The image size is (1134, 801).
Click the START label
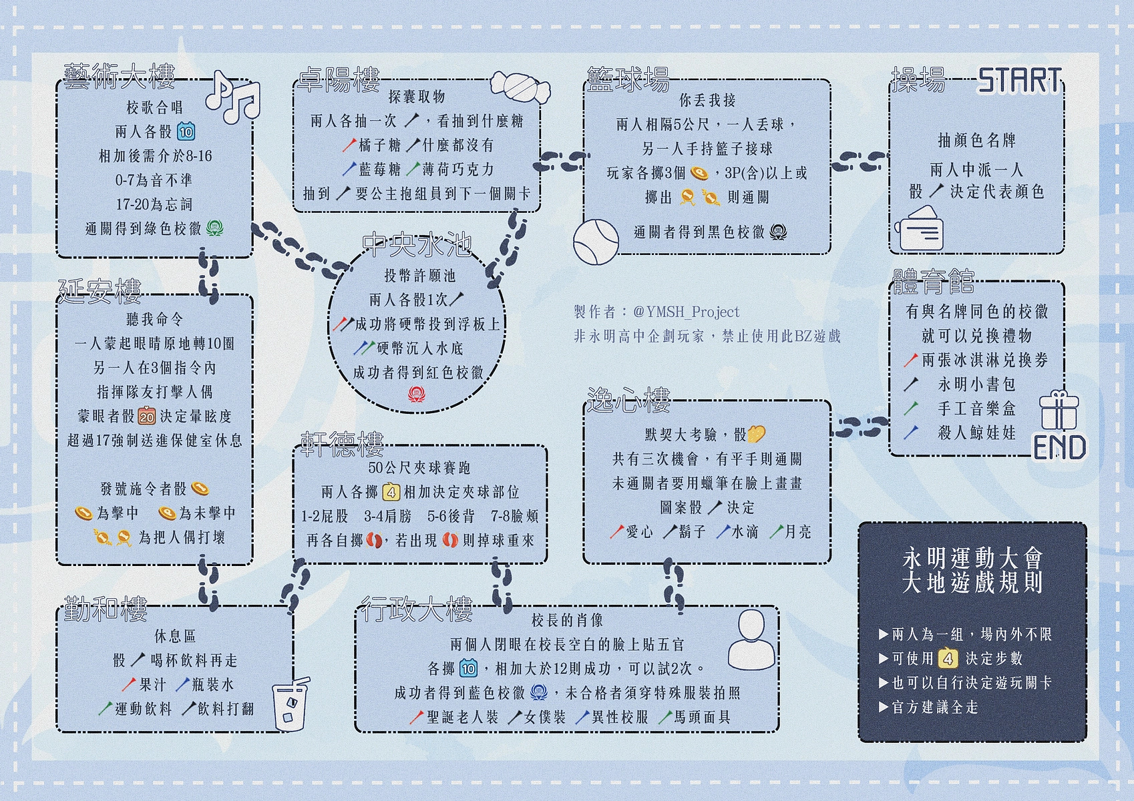(1019, 81)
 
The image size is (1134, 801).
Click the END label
(1059, 447)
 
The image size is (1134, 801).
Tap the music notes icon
(232, 97)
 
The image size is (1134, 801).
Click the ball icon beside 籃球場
(596, 242)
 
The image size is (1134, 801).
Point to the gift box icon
(1059, 411)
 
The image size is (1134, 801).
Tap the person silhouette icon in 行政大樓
(751, 639)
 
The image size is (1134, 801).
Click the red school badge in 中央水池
(416, 394)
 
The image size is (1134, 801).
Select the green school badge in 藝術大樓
(214, 228)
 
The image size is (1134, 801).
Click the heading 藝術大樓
(120, 76)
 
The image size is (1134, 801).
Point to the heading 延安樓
(100, 292)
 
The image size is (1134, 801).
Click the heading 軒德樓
(342, 445)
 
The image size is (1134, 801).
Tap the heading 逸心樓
(628, 400)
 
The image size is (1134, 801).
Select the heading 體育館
(933, 282)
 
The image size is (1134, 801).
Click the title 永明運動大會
(972, 559)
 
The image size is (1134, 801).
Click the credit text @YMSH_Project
(686, 312)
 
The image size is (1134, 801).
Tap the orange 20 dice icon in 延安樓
(147, 416)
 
